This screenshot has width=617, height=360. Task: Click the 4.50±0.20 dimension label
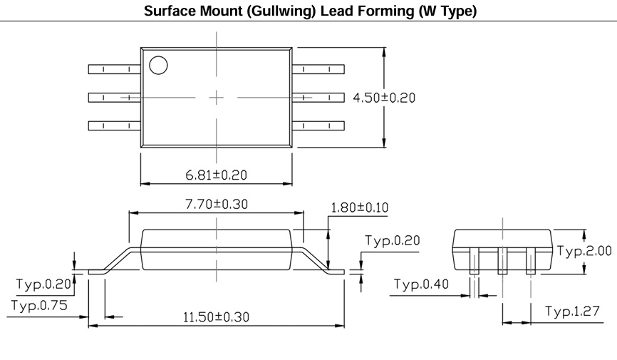(x=384, y=98)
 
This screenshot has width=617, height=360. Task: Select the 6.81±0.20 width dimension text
(x=216, y=175)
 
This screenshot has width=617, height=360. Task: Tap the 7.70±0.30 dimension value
(x=217, y=204)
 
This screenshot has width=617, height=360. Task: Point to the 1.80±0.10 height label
(x=360, y=207)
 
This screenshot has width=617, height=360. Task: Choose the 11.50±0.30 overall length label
(x=216, y=317)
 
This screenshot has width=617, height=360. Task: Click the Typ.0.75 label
(x=39, y=305)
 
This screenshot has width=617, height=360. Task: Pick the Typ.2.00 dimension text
(x=584, y=251)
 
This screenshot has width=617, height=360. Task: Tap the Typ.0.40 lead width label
(x=421, y=284)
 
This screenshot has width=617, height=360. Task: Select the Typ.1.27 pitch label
(x=572, y=311)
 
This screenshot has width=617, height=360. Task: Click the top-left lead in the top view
(x=115, y=69)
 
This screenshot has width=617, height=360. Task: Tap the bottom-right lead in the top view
(x=318, y=125)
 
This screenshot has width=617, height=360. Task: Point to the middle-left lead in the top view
(x=115, y=97)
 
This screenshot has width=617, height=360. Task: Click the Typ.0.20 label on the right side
(x=393, y=240)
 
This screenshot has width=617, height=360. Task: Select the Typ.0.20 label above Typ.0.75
(x=43, y=284)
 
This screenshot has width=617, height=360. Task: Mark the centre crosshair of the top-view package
(x=216, y=98)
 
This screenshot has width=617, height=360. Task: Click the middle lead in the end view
(x=502, y=261)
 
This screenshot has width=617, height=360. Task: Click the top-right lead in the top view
(x=318, y=69)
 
